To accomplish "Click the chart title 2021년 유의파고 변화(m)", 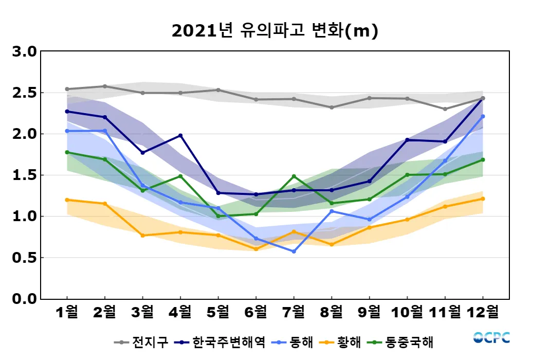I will tap(274, 31).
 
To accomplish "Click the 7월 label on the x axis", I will tap(294, 312).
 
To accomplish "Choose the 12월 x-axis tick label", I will tap(483, 312).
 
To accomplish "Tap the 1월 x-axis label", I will tap(67, 312).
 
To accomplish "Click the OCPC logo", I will tap(491, 338).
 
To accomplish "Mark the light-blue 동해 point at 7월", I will tap(294, 251).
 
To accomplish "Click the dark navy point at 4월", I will tap(180, 136).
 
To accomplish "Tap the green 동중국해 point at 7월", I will tap(294, 176).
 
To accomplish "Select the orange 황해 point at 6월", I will tap(256, 249).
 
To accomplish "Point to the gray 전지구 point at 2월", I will tap(105, 86).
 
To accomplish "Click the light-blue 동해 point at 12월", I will tap(483, 117).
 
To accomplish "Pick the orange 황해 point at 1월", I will tap(67, 200).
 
